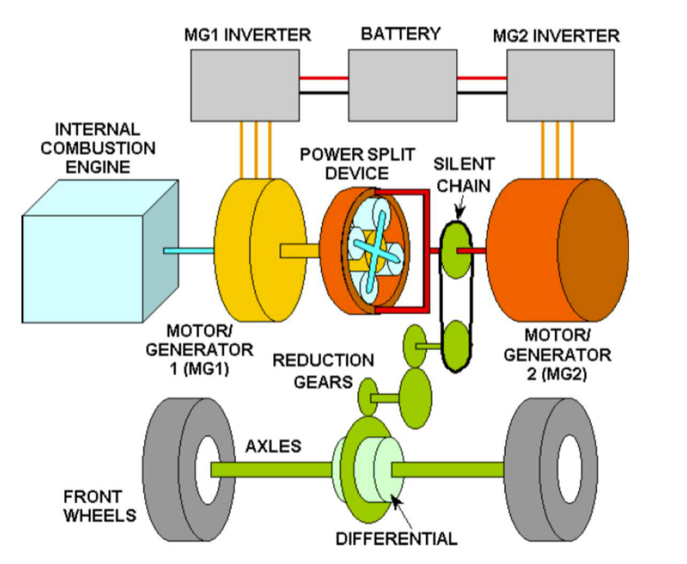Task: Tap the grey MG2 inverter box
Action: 560,86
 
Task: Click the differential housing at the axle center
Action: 371,467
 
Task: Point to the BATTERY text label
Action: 401,34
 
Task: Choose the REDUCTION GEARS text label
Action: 323,371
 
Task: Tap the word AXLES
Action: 274,447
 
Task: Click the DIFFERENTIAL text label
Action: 396,537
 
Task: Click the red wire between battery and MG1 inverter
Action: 324,78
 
